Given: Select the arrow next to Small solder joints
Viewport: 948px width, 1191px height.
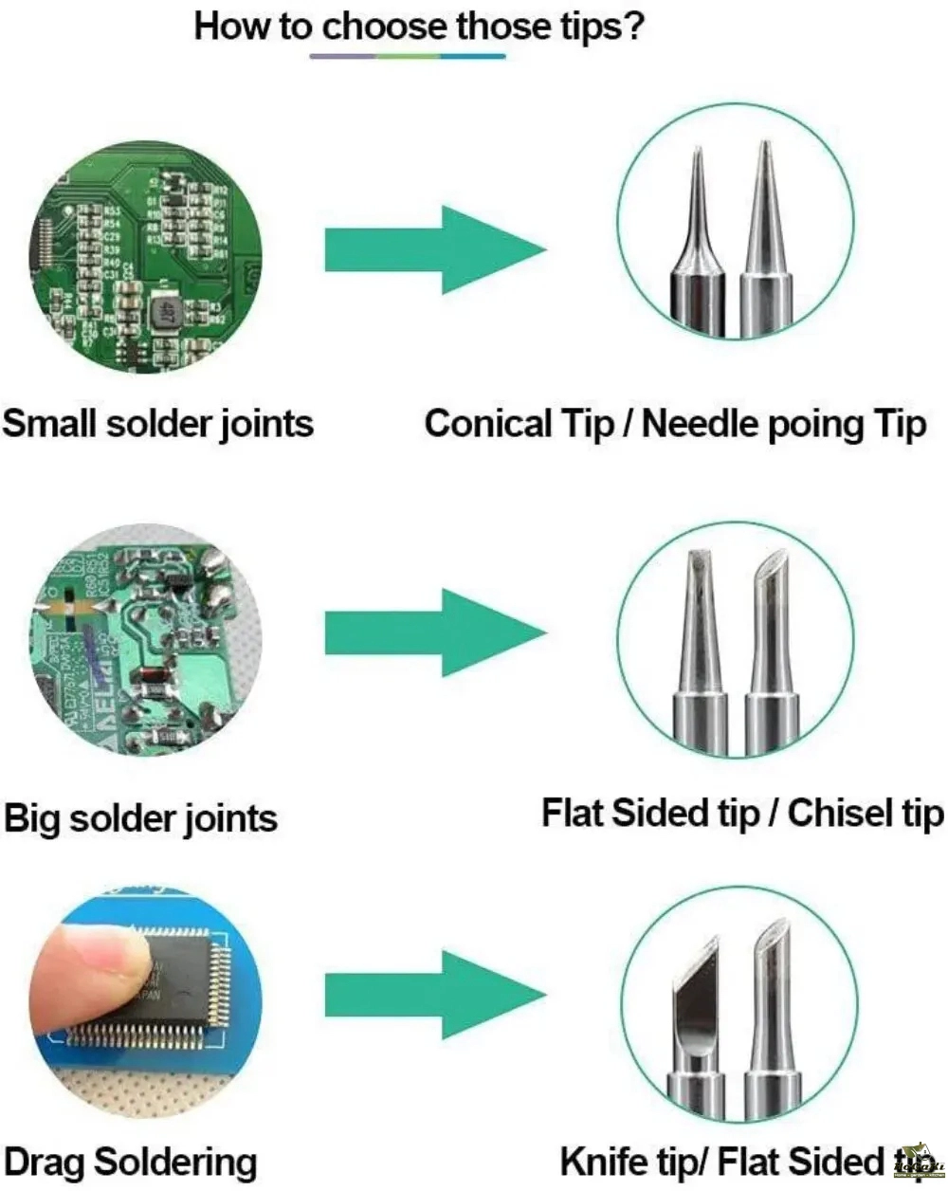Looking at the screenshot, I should [x=435, y=249].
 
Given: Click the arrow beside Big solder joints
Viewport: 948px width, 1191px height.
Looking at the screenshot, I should [x=435, y=632].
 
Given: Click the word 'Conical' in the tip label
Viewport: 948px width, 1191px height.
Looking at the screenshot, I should [x=487, y=423].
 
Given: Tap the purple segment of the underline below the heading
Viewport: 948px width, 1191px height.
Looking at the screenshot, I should [x=342, y=57].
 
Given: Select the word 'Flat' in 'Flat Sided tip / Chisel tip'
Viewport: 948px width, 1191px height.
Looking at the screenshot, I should [x=573, y=813].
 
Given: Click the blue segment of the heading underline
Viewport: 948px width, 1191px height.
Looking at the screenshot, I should [x=473, y=57].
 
